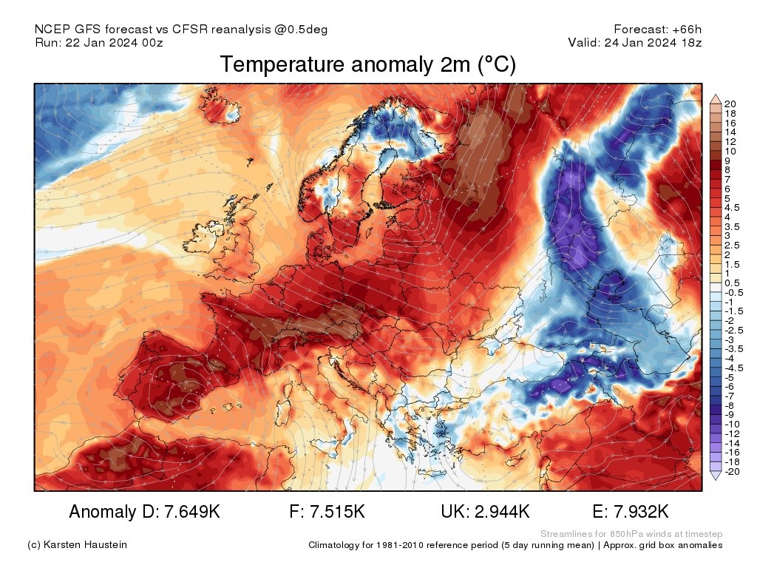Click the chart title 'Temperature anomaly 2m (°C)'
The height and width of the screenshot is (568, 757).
pos(367,65)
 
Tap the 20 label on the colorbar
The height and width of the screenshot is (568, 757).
pos(730,104)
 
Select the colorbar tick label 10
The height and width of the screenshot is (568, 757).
pos(730,151)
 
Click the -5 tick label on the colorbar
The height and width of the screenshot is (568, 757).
pos(730,376)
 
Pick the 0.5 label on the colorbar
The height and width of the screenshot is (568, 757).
pos(732,283)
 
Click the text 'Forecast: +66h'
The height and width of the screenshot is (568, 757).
pos(657,30)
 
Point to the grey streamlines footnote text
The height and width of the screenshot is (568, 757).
pos(631,534)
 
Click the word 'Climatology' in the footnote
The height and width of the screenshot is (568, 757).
pos(334,545)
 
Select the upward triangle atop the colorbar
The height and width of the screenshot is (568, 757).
pos(715,98)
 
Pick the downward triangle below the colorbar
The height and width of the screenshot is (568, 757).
pos(715,477)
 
